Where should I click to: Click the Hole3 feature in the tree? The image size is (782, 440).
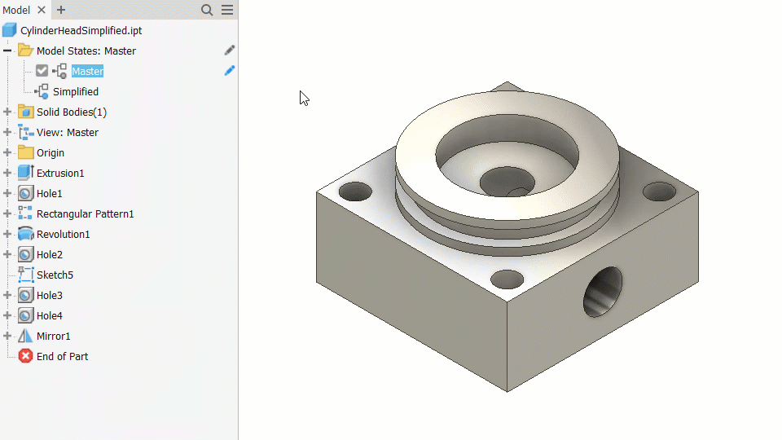coord(50,295)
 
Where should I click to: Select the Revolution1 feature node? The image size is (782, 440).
coord(63,235)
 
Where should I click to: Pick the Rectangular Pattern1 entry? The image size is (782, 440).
coord(86,214)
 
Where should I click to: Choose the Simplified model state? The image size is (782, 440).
coord(75,92)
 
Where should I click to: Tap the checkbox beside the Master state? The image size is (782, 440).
coord(42,71)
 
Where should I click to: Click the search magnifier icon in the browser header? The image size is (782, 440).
coord(207,10)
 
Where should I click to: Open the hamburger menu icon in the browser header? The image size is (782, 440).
coord(227,10)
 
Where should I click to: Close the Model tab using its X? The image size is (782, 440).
coord(42,10)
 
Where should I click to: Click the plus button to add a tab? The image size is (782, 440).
coord(61,10)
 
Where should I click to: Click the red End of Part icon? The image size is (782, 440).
coord(25,356)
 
